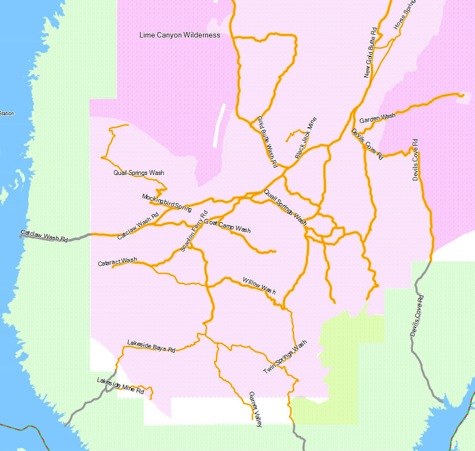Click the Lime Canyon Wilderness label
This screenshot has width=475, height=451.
[x=180, y=35]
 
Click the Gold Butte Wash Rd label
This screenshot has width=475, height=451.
[x=267, y=141]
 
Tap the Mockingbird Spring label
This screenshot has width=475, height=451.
[x=167, y=202]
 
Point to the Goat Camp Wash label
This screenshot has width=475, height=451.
[x=227, y=227]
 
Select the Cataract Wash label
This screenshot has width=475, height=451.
[x=117, y=262]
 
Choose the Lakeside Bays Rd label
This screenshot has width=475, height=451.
[x=151, y=346]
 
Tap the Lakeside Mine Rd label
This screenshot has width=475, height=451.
[x=121, y=385]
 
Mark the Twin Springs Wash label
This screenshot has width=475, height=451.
[x=285, y=356]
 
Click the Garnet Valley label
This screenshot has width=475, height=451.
[x=255, y=409]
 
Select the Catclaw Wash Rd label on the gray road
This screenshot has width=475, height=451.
[x=44, y=236]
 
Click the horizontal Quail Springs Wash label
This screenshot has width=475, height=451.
[x=138, y=173]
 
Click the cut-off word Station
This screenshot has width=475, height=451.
[x=7, y=114]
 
